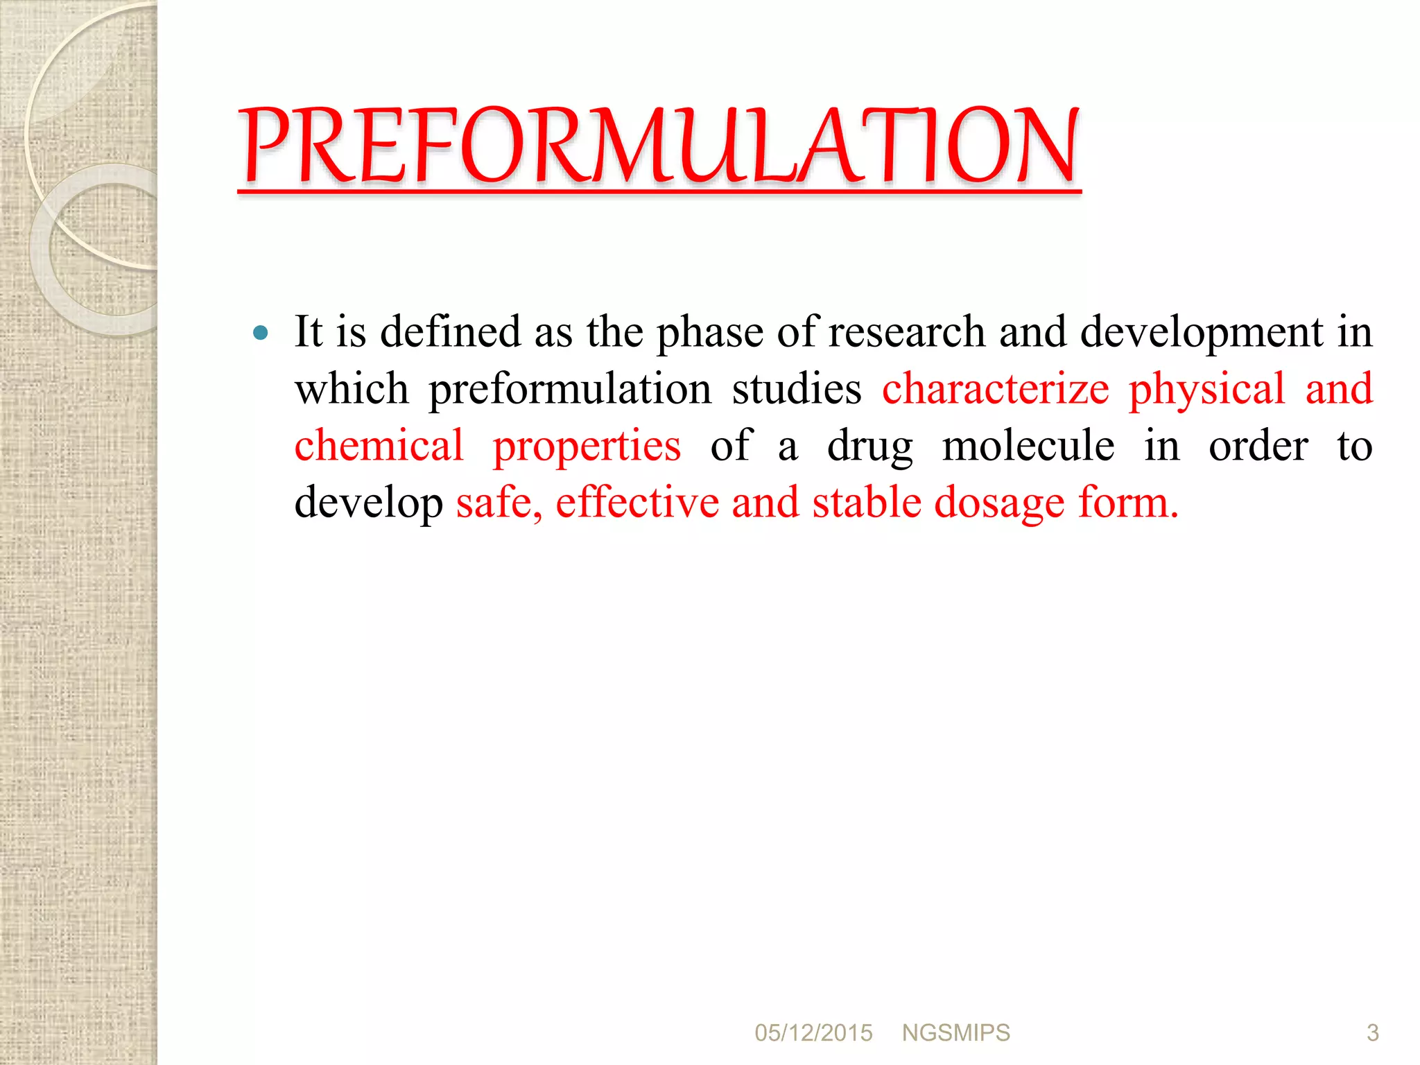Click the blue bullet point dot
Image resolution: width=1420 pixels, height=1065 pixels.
coord(261,333)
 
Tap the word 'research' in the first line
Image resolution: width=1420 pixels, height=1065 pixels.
coord(906,332)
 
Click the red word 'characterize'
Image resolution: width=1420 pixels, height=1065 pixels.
coord(995,389)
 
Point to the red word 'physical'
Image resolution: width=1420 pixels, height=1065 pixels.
coord(1206,389)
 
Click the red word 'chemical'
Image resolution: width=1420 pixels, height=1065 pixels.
coord(379,446)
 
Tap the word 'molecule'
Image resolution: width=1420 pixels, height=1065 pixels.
coord(1028,446)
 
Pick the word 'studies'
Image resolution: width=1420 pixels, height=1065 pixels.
coord(797,389)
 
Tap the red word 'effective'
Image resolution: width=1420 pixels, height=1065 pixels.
coord(637,503)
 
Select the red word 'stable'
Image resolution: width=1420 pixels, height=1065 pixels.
coord(867,503)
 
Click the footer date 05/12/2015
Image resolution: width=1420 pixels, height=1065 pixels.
coord(813,1033)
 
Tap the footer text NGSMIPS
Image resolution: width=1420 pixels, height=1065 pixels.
coord(955,1033)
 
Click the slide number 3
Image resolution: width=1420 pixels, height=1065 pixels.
coord(1372,1033)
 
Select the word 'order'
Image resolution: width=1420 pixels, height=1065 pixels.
coord(1258,446)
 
